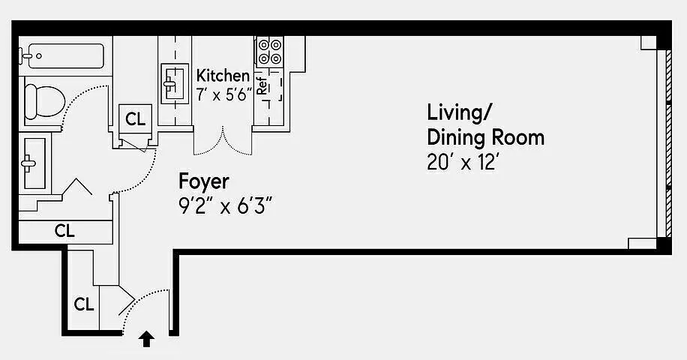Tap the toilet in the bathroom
coord(44,101)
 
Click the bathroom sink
coord(34,163)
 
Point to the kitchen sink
coord(175,84)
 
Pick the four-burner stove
coord(269,51)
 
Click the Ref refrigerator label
coord(262,85)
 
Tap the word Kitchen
coord(223,75)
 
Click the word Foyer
coord(204,181)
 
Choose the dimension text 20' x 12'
coord(463,163)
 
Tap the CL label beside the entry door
coord(84,304)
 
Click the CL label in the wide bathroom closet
coord(64,230)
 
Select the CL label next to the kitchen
coord(136,118)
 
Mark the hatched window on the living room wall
coord(668,144)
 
